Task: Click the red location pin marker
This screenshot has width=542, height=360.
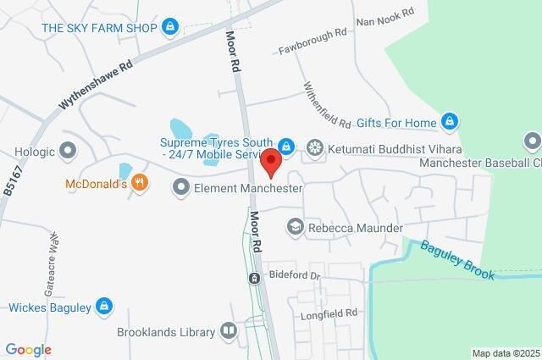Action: pos(271,160)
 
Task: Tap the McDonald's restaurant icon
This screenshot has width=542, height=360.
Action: pos(141,183)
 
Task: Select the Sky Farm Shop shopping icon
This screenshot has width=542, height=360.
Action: pos(171,28)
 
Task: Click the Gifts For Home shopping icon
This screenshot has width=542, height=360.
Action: pos(449,123)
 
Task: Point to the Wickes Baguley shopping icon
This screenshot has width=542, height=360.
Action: pos(103,307)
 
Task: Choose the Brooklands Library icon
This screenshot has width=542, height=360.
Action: pos(229,331)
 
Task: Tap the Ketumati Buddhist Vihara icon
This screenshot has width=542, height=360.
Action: pos(315,147)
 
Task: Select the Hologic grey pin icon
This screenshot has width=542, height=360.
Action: pos(69,152)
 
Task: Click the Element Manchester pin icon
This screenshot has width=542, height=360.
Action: pos(180,188)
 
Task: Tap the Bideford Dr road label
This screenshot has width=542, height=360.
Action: pos(296,276)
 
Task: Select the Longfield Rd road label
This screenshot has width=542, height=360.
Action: pos(329,314)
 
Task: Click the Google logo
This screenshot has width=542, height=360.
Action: pos(28,350)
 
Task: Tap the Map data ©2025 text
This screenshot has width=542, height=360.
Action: pos(506,353)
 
